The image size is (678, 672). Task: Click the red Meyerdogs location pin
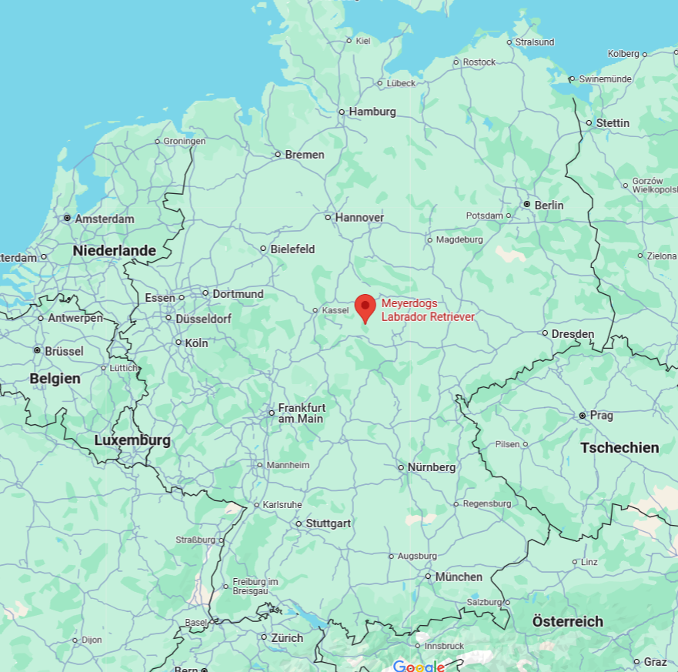click(x=365, y=307)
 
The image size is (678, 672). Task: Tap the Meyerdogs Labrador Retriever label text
click(x=428, y=309)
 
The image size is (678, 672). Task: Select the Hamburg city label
click(x=372, y=112)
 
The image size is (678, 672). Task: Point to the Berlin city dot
click(x=526, y=205)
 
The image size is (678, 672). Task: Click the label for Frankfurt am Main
click(x=301, y=413)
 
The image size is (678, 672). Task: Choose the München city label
click(x=459, y=577)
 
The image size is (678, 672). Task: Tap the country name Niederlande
click(x=114, y=251)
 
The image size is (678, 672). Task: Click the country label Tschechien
click(x=620, y=447)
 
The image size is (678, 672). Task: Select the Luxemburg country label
click(x=132, y=440)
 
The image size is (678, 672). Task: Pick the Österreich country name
click(x=567, y=621)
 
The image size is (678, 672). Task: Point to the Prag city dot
click(x=583, y=416)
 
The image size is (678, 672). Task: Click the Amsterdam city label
click(x=105, y=219)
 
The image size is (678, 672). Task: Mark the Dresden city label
click(x=573, y=333)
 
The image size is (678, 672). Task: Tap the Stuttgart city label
click(x=329, y=523)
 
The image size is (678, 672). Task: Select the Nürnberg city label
click(x=432, y=467)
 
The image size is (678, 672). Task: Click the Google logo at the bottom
click(x=419, y=666)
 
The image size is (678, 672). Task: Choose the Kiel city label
click(x=363, y=40)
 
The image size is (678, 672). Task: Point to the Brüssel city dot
click(x=37, y=350)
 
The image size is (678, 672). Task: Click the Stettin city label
click(x=613, y=123)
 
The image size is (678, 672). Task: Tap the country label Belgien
click(x=55, y=378)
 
